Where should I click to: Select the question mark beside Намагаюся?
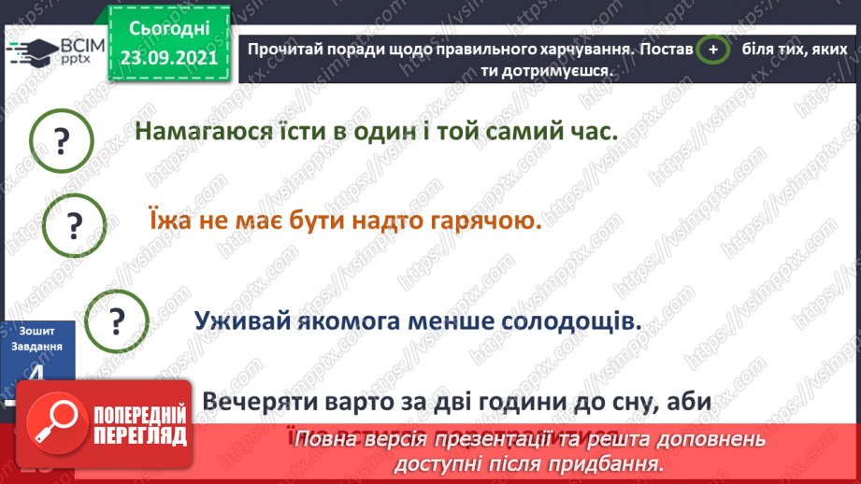[63, 141]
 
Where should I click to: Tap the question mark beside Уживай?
[117, 320]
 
